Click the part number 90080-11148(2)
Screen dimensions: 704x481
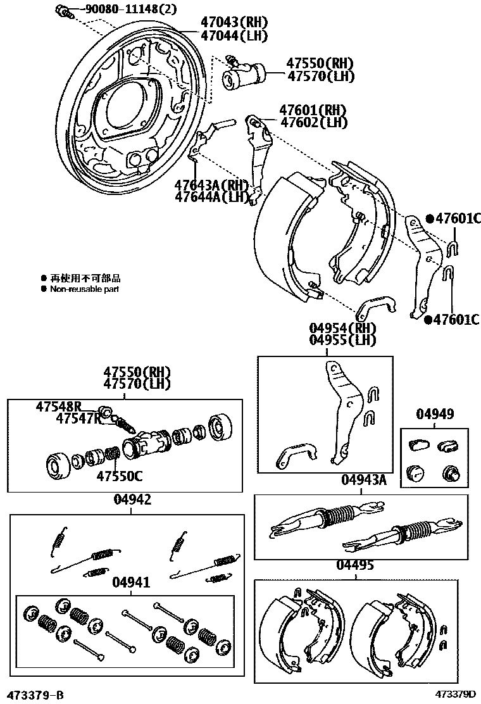click(x=118, y=9)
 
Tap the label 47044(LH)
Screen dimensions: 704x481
click(x=233, y=35)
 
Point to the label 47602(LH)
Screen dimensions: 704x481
click(x=314, y=123)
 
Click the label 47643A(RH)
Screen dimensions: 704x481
click(x=211, y=185)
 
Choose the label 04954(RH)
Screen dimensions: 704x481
click(x=342, y=328)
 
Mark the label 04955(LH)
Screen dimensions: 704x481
click(x=342, y=340)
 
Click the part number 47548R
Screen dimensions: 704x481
click(x=59, y=406)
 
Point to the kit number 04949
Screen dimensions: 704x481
click(x=435, y=415)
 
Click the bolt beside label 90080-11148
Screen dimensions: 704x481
click(x=61, y=10)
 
